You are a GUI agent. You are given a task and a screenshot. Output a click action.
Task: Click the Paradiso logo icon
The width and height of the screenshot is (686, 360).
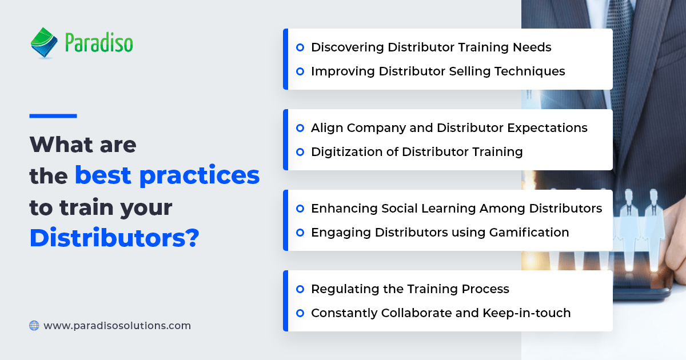[44, 43]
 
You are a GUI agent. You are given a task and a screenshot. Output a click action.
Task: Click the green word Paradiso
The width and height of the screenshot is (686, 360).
[98, 43]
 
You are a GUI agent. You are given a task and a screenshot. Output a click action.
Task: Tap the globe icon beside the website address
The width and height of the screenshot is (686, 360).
[34, 326]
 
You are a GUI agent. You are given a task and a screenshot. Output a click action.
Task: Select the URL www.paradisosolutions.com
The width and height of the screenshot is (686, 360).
[117, 326]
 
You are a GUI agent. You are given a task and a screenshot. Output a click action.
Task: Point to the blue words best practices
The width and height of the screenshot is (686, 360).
[167, 176]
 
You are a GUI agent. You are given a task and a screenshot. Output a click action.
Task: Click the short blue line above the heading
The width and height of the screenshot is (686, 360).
[53, 116]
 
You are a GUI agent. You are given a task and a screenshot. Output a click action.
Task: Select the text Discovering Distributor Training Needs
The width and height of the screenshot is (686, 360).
[431, 47]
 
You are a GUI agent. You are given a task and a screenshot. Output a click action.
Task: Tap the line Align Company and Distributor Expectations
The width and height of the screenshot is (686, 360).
[449, 128]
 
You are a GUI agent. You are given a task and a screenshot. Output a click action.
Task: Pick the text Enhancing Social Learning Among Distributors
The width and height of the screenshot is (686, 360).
[456, 209]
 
